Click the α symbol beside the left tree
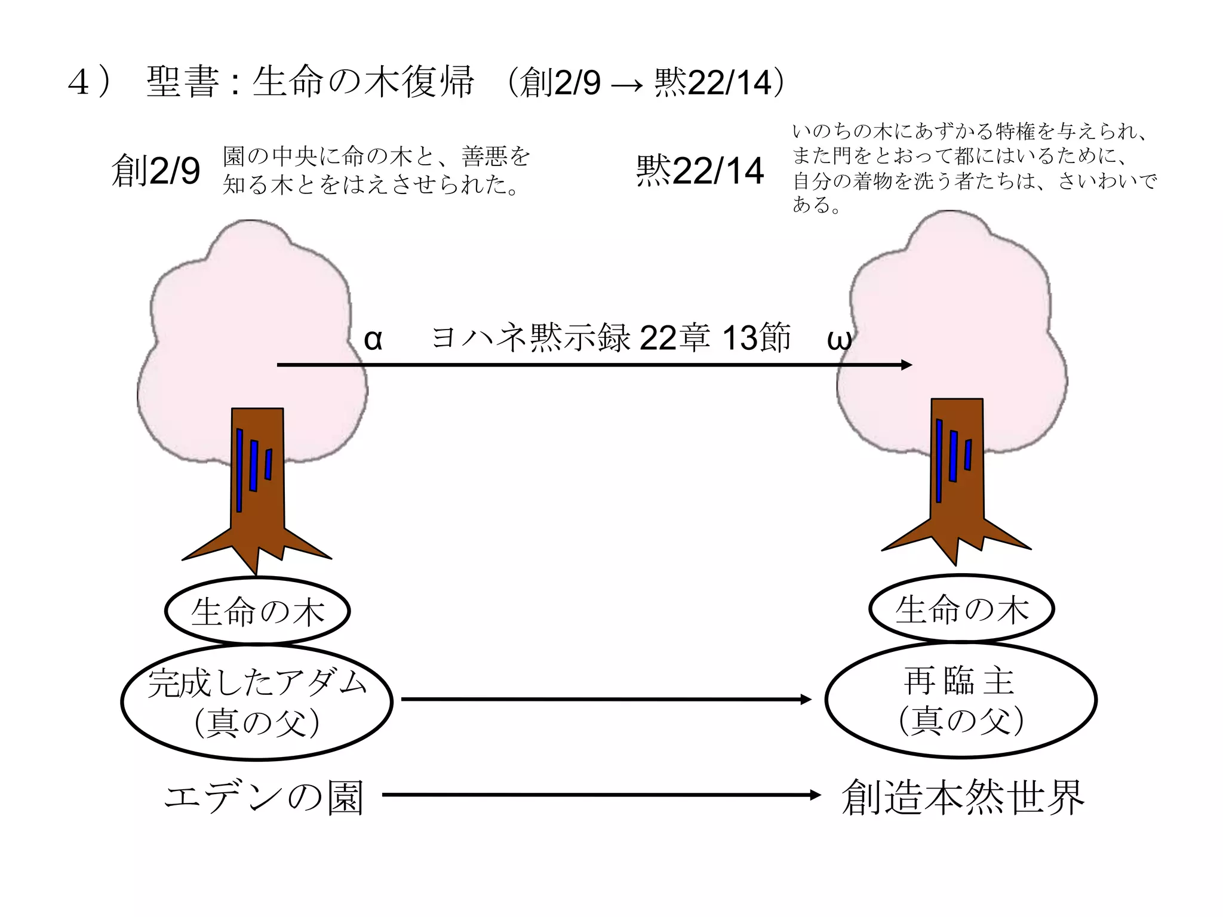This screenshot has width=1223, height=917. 373,340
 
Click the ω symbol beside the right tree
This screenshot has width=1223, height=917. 838,340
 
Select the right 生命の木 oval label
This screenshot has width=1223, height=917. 961,609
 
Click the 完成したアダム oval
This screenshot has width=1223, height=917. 257,702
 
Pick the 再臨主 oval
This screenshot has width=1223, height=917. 961,700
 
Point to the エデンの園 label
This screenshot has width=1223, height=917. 263,796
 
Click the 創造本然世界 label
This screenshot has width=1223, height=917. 962,796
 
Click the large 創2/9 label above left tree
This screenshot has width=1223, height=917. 156,171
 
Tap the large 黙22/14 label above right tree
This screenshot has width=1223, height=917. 700,171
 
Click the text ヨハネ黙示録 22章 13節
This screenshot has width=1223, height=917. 610,337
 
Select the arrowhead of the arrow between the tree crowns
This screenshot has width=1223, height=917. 907,365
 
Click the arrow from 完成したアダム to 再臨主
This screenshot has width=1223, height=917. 606,699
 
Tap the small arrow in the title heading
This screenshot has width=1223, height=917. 627,85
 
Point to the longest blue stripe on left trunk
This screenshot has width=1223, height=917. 239,470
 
